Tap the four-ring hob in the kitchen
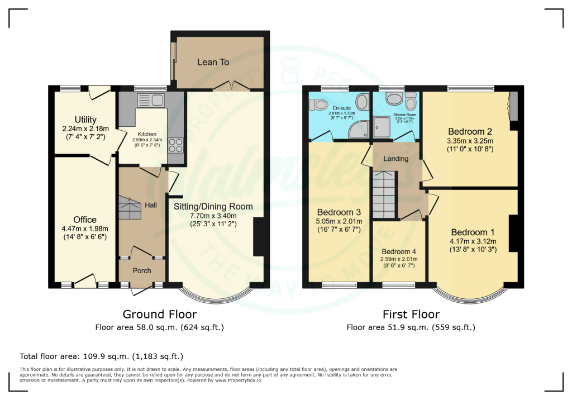pos(174,145)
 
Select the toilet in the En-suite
pos(320,104)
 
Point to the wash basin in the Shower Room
pos(394,99)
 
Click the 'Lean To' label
pos(213,62)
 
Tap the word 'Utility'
pos(85,120)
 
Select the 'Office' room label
pos(85,220)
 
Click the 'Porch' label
pos(141,271)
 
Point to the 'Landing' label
pos(396,159)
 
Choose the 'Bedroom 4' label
pos(399,251)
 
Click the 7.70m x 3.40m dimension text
pos(213,216)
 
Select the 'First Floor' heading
pos(411,315)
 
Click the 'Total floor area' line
pos(101,356)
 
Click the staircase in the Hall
pos(130,209)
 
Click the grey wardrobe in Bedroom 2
pos(513,106)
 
